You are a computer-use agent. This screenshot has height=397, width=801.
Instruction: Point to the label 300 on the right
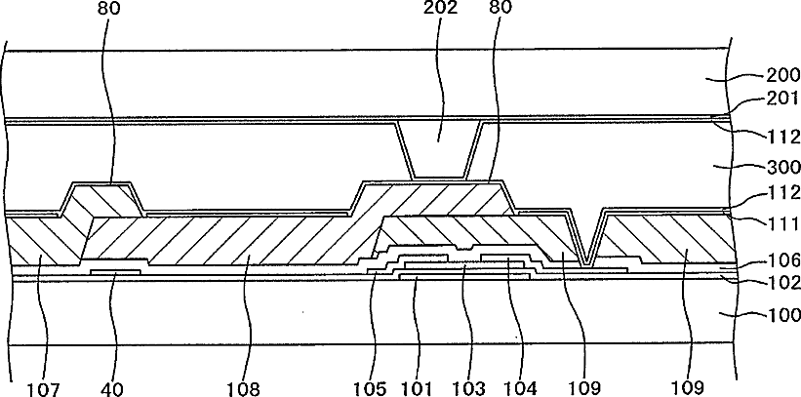tap(772, 167)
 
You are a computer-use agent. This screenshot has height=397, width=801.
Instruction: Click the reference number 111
tap(772, 223)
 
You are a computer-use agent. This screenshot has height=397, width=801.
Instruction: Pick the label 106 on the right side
tap(772, 261)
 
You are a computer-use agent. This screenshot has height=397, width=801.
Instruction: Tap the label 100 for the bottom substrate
tap(772, 315)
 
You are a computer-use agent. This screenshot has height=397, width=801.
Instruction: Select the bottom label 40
tap(114, 387)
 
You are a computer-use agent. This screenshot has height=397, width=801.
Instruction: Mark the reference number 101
tap(419, 387)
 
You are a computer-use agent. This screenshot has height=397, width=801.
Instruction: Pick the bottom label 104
tap(520, 387)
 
